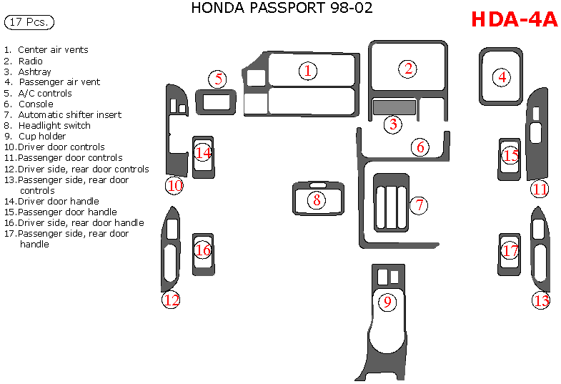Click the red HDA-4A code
pos(514,19)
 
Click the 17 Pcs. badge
pos(29,22)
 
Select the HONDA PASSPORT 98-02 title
pos(282,9)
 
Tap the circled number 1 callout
pos(308,71)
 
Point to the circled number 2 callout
pos(409,69)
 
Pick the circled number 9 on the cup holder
pos(387,302)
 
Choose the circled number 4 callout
pos(503,77)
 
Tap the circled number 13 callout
pos(541,300)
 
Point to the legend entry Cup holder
pos(41,136)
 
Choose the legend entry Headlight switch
pos(54,125)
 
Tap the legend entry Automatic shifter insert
pos(69,114)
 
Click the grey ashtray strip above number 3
pos(394,107)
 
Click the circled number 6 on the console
pos(420,147)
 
